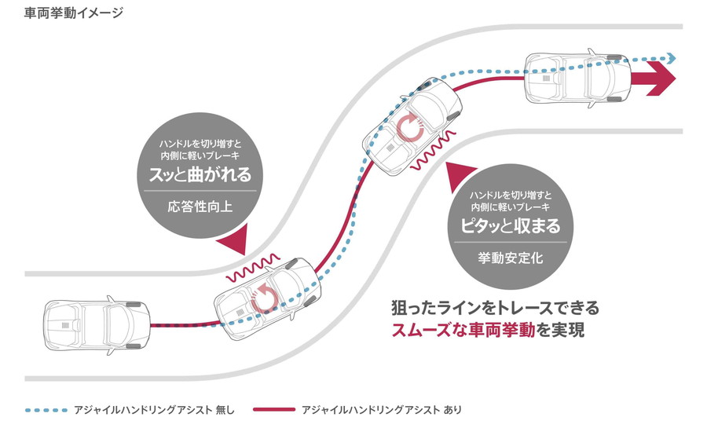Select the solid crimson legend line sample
coord(268,410)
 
